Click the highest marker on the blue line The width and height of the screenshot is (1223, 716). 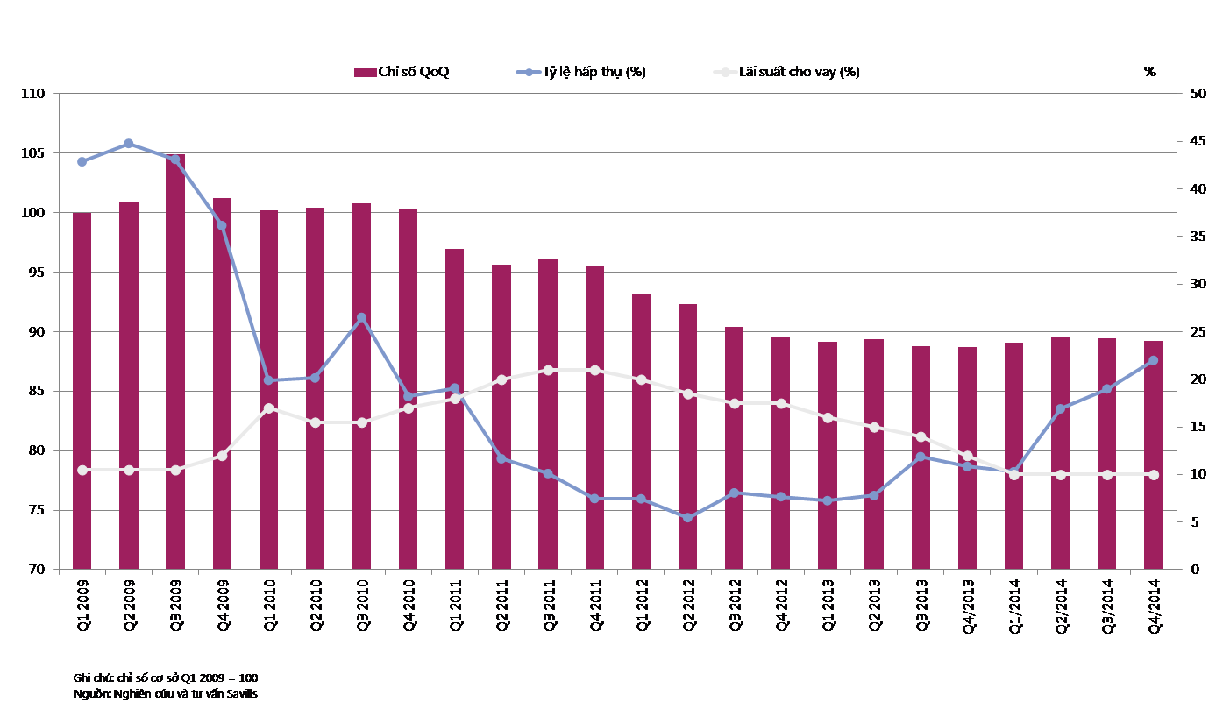[x=129, y=144]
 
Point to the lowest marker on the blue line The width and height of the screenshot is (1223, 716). [x=687, y=518]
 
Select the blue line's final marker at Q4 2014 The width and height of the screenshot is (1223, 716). [x=1154, y=360]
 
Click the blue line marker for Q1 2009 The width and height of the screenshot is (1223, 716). [x=82, y=161]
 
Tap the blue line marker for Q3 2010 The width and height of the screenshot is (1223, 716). [x=361, y=317]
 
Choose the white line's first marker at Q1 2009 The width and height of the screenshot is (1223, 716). [x=82, y=471]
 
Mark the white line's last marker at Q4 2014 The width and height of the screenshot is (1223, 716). [x=1154, y=475]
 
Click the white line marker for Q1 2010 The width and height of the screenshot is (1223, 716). [x=268, y=408]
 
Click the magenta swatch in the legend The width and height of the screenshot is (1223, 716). [x=365, y=73]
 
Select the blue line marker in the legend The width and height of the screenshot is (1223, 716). [x=529, y=73]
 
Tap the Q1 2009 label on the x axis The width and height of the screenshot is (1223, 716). [x=82, y=605]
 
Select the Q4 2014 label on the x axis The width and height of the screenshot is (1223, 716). [x=1154, y=605]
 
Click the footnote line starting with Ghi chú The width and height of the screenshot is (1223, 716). [x=166, y=678]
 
